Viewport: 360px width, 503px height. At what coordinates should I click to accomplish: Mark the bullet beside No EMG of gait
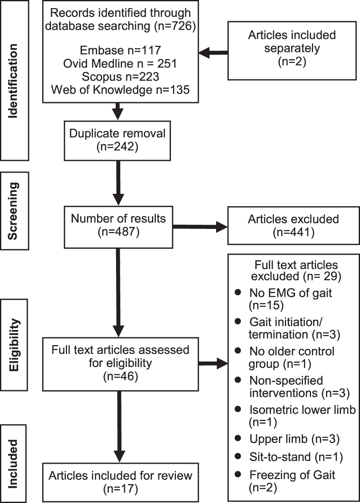click(239, 292)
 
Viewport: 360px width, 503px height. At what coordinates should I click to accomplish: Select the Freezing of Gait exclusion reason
click(291, 481)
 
